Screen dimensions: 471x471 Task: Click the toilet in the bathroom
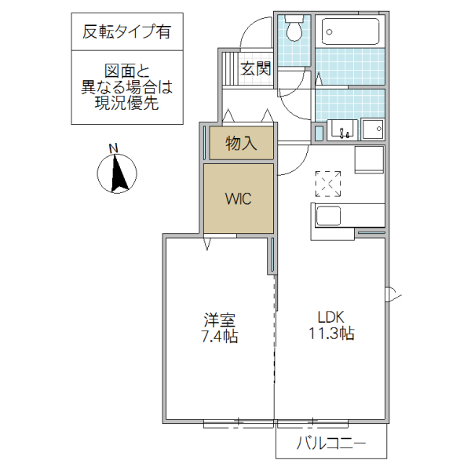[295, 31]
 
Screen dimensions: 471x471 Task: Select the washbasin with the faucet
[341, 130]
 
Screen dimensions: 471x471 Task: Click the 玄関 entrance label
[255, 68]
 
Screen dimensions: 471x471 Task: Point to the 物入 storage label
[241, 144]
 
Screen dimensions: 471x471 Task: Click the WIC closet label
[239, 199]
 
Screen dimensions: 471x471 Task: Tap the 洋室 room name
[220, 320]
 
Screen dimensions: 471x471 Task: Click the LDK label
[330, 317]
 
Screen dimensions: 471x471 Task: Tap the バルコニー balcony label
[330, 444]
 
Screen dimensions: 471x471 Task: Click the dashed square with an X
[328, 183]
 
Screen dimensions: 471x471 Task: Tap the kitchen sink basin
[327, 215]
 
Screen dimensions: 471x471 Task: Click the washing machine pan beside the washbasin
[371, 129]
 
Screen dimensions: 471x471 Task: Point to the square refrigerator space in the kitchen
[369, 159]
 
